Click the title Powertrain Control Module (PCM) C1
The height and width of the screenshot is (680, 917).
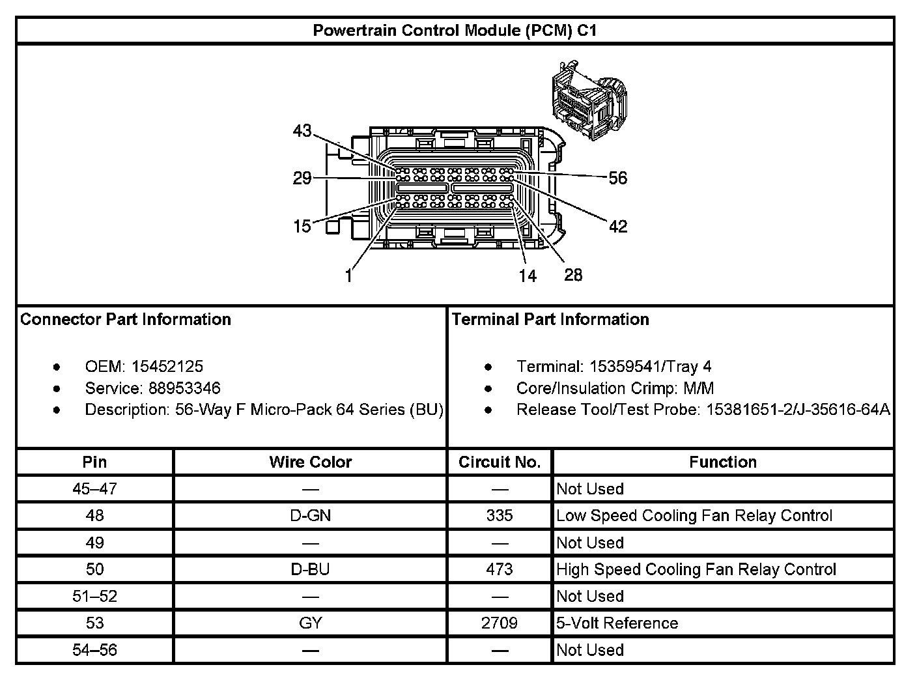455,31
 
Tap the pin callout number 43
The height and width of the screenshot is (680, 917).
302,131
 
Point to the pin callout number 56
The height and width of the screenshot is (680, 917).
617,178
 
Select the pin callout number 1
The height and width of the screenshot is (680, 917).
348,276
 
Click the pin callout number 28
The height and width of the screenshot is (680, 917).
573,275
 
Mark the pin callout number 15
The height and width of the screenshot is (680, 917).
302,226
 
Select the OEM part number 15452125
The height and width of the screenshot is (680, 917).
167,367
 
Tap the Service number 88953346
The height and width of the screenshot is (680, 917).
184,388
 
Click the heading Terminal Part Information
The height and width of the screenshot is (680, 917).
550,319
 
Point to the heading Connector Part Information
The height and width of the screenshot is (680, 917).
126,319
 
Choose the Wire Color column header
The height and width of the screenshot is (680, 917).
310,462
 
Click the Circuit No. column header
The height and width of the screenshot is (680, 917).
500,462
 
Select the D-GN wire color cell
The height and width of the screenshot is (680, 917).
310,516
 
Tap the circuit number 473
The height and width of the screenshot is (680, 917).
500,569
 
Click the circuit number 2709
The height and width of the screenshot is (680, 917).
500,623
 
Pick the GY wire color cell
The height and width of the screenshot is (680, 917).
310,623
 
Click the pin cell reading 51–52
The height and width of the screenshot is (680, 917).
94,596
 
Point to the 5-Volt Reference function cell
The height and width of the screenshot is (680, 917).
617,623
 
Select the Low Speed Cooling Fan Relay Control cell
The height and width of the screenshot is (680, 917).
694,516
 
